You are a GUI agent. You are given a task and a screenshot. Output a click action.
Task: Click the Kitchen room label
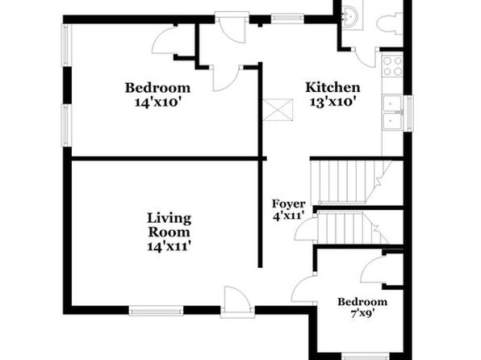[x=333, y=87]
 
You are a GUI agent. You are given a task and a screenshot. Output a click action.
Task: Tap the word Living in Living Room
[x=169, y=219]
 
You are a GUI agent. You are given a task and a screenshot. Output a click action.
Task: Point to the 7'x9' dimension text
[x=362, y=313]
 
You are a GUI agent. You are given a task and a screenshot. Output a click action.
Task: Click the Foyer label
[x=289, y=204]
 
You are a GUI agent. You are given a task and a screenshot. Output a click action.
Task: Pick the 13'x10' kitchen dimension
[x=333, y=101]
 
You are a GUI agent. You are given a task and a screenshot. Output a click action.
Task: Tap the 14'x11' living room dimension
[x=169, y=246]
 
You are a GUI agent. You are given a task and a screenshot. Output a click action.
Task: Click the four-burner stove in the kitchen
[x=392, y=65]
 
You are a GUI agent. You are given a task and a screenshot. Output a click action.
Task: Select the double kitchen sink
[x=392, y=112]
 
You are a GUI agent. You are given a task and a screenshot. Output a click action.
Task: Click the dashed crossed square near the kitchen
[x=278, y=110]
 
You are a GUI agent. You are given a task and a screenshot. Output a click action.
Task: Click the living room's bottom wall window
[x=156, y=311]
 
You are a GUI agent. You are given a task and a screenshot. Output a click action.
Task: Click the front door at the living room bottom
[x=237, y=302]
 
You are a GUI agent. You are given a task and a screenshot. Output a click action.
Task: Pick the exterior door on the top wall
[x=232, y=27]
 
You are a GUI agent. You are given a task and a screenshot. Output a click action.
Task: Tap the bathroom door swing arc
[x=365, y=57]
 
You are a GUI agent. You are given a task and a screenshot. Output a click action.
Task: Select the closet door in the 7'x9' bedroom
[x=372, y=270]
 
